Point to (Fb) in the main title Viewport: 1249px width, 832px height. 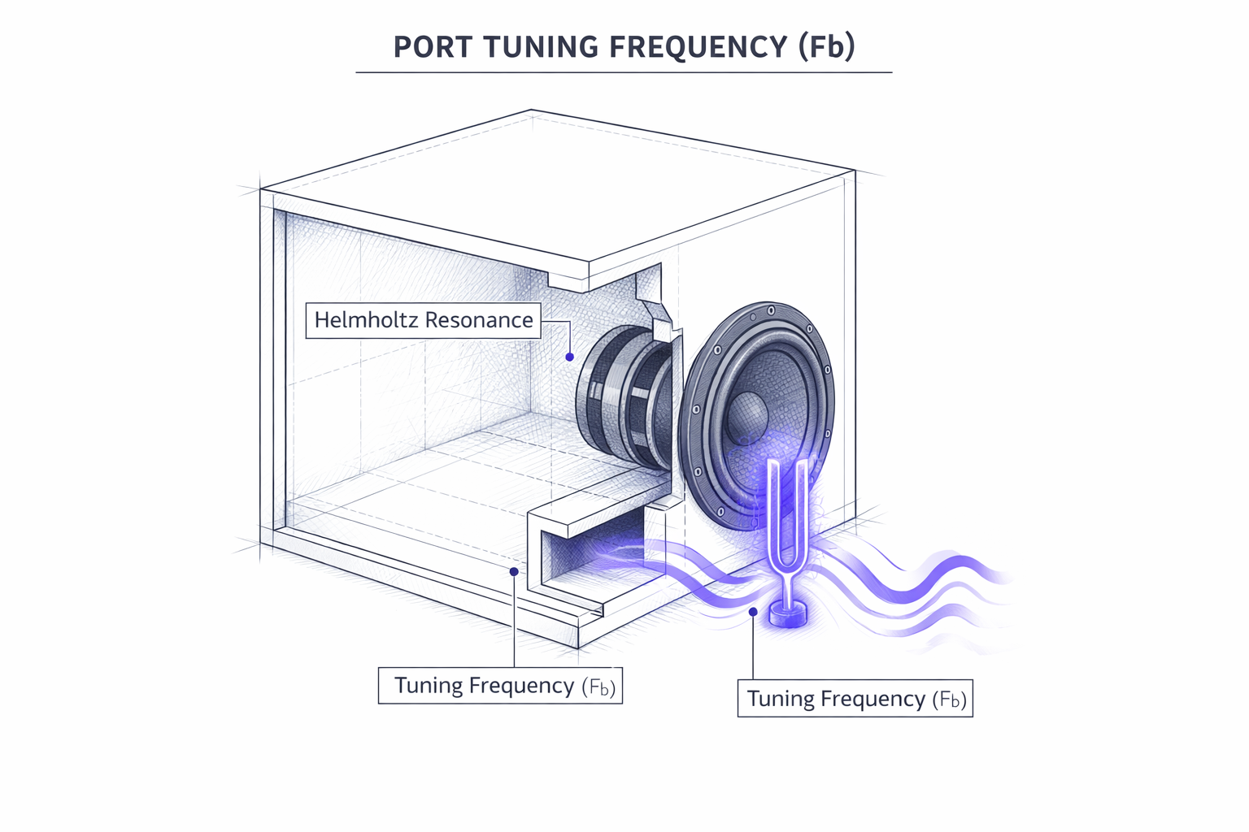(x=826, y=46)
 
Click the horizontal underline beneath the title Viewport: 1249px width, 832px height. (x=624, y=72)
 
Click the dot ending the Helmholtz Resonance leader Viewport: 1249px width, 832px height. (x=570, y=357)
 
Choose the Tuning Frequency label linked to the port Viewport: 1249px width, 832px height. (x=500, y=686)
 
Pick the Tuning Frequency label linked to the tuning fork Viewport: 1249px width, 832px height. (x=855, y=699)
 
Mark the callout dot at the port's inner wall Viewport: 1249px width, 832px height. (x=514, y=572)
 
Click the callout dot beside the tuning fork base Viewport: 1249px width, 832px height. (x=754, y=611)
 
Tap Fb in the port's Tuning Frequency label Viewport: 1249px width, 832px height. (x=599, y=687)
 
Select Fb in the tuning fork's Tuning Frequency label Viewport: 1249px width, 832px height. (x=949, y=700)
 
